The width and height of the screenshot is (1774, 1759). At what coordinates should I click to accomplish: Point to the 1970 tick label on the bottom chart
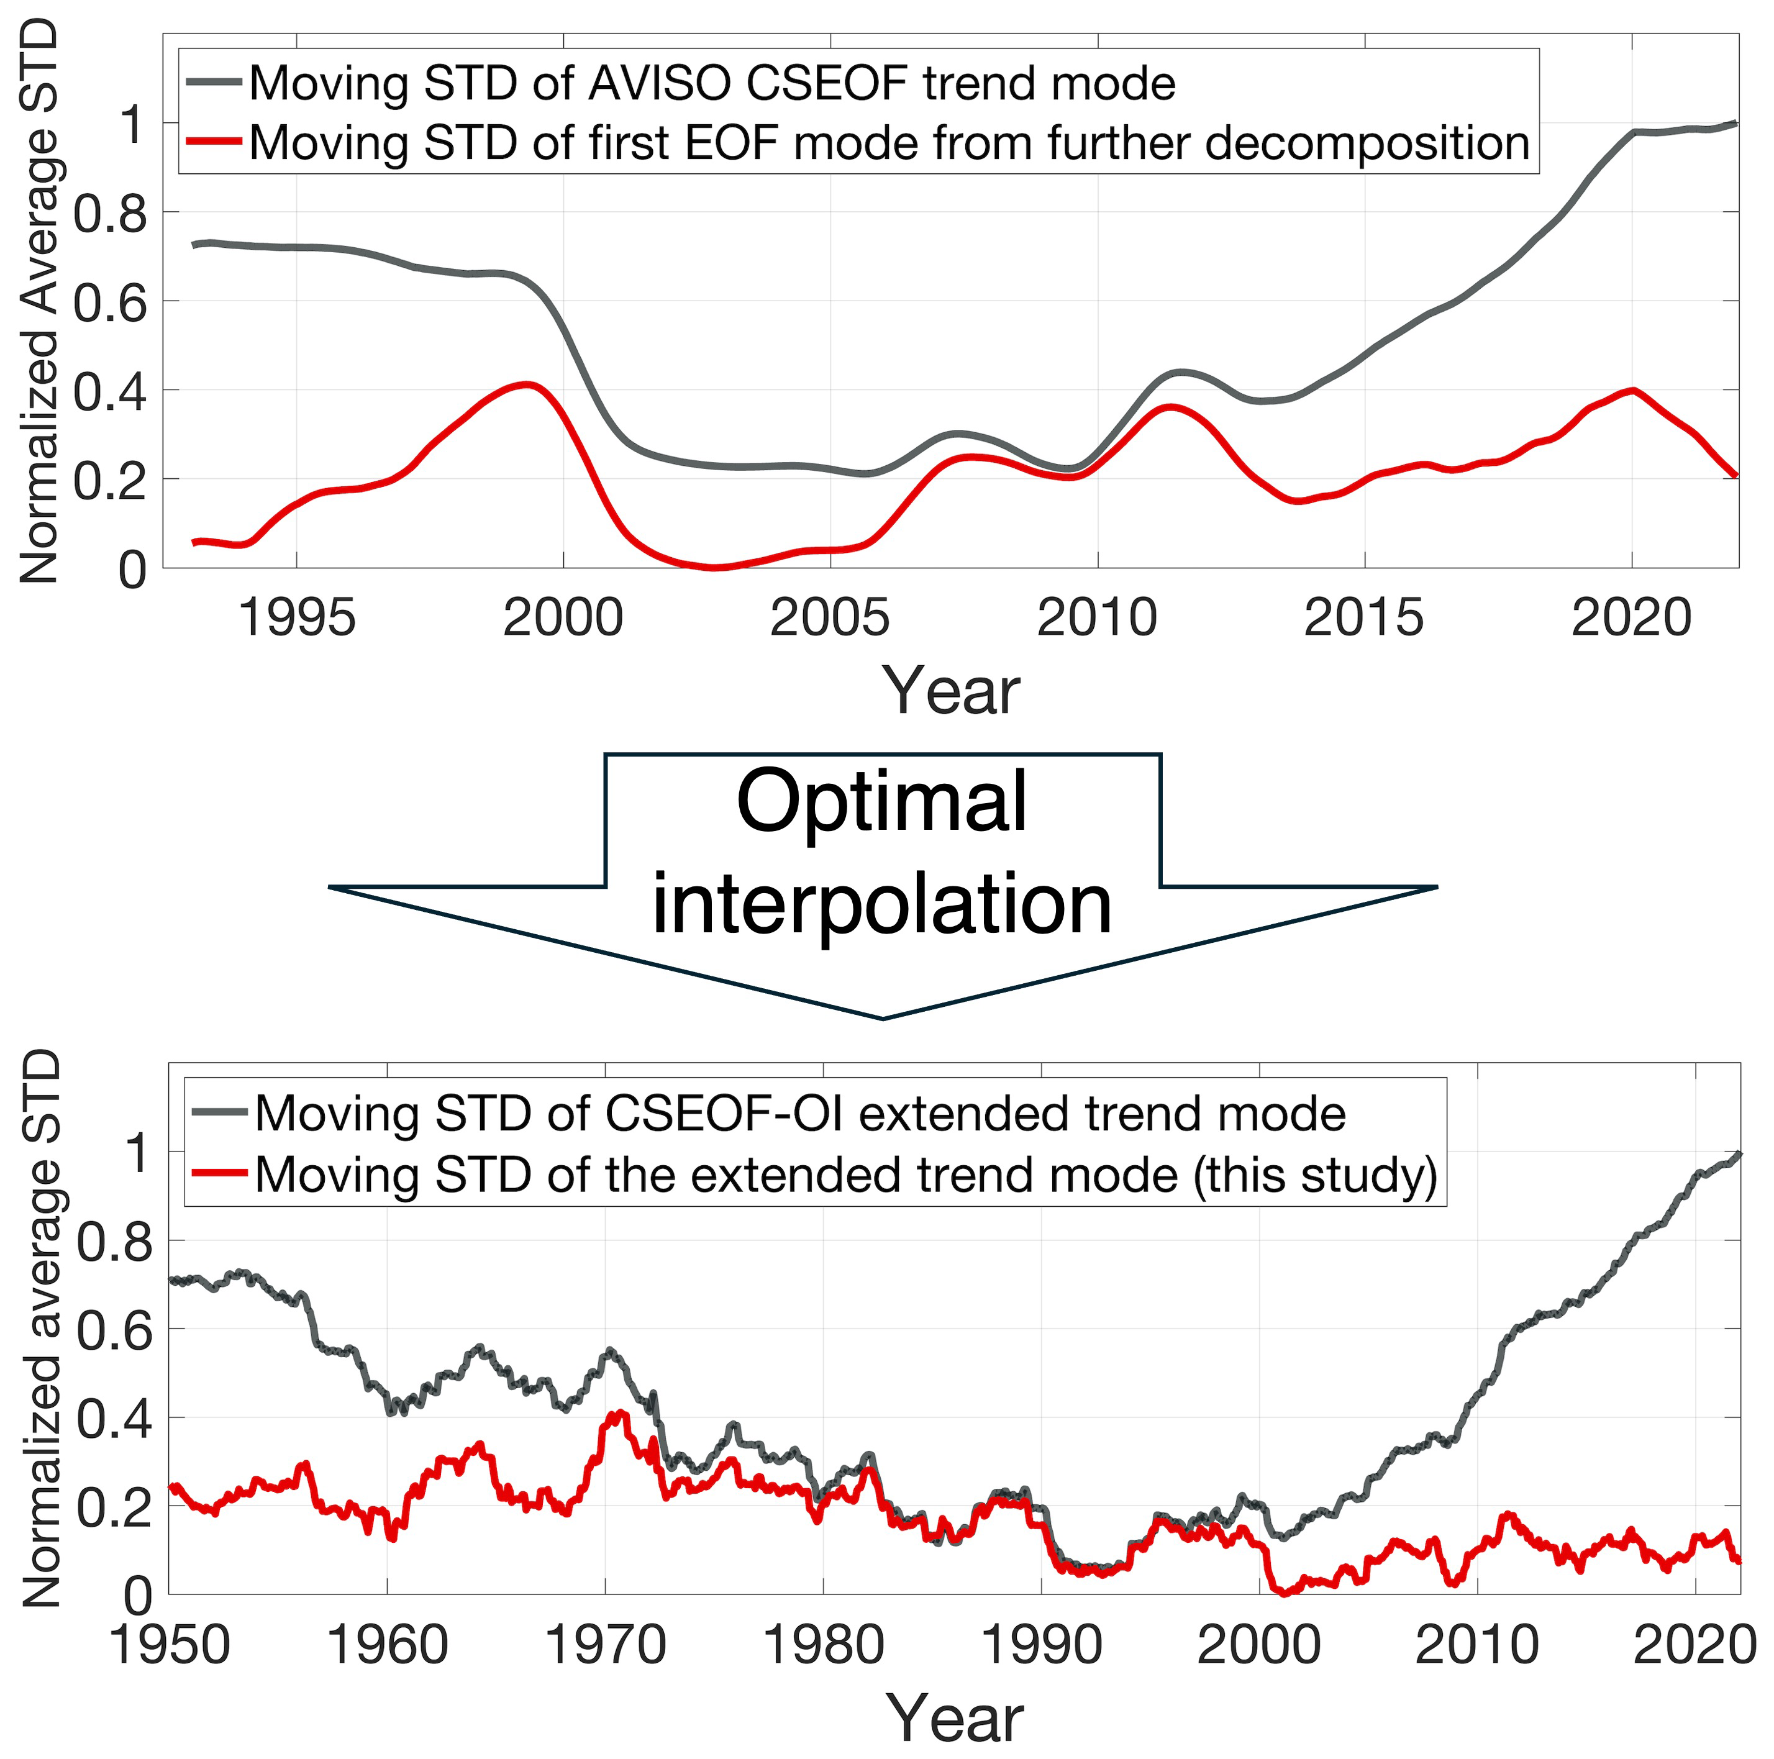click(x=605, y=1644)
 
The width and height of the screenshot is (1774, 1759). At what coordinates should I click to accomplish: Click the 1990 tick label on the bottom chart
click(x=1041, y=1644)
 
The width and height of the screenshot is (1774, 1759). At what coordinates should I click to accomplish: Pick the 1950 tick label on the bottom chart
click(x=170, y=1644)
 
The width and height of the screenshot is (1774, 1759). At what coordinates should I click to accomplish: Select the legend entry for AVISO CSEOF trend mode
click(x=712, y=84)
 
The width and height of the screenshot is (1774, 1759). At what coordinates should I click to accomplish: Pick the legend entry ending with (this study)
click(x=845, y=1175)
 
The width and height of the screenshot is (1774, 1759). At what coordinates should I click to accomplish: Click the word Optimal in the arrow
click(x=881, y=801)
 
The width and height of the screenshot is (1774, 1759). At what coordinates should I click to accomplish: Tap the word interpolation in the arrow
click(x=881, y=904)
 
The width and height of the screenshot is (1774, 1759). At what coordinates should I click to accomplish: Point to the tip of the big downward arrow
click(x=883, y=1017)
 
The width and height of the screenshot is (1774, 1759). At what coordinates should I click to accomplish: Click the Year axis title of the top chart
click(x=950, y=691)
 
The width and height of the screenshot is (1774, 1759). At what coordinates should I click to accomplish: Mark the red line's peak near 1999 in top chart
click(x=528, y=384)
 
